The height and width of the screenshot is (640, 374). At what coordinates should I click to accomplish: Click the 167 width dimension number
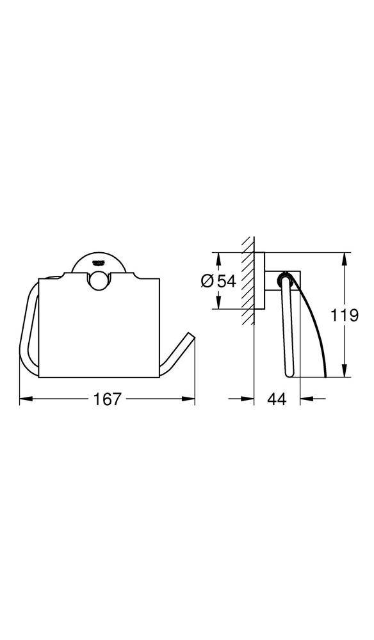click(107, 399)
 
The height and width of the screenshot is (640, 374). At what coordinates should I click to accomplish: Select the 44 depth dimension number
click(276, 399)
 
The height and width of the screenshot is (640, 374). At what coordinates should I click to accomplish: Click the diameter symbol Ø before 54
click(207, 282)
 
